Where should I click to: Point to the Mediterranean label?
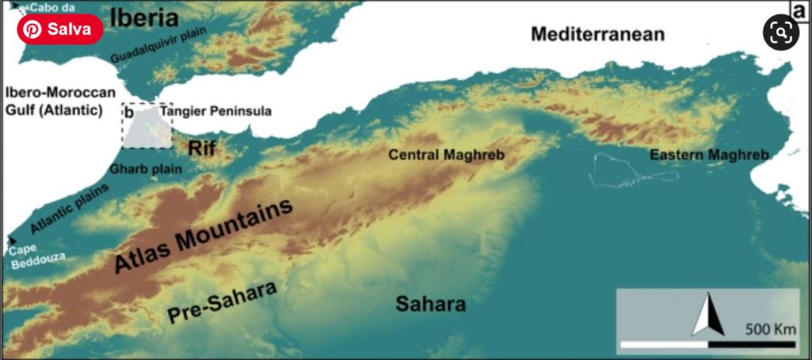coord(597,34)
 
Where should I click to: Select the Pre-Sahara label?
coord(222,303)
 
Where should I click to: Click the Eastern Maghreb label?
coord(709,155)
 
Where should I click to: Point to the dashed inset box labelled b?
coord(147,125)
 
